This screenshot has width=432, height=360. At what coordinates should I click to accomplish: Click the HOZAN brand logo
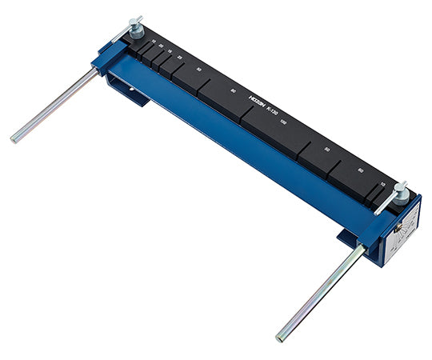pyautogui.click(x=256, y=102)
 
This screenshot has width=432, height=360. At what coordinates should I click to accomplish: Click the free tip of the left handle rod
pyautogui.click(x=14, y=139)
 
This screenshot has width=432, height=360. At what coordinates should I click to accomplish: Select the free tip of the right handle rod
pyautogui.click(x=281, y=337)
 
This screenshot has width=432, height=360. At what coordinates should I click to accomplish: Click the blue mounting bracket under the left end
pyautogui.click(x=132, y=91)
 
